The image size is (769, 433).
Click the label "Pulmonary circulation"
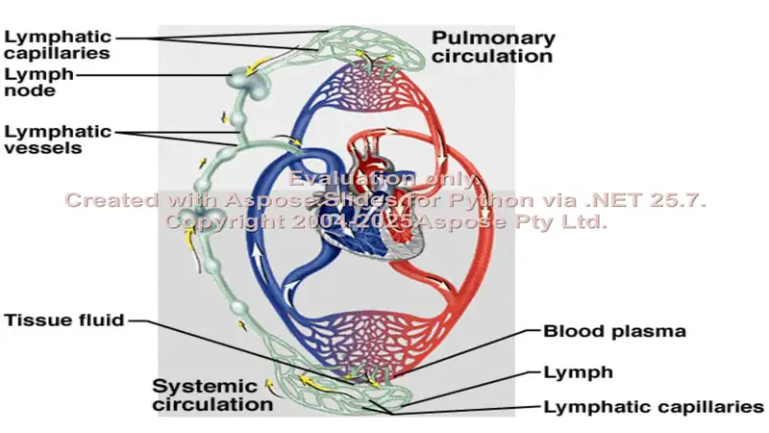[493, 47]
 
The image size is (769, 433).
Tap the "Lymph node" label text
[39, 82]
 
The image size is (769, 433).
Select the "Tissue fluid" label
[64, 320]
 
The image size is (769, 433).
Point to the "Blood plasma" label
[614, 331]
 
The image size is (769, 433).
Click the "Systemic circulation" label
[212, 395]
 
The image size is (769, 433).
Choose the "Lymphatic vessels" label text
[58, 140]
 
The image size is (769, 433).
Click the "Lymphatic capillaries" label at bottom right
[654, 407]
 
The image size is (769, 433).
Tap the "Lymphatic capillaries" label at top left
[58, 44]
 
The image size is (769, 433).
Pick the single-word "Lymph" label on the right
[579, 372]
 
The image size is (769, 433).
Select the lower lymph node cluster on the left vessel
[200, 217]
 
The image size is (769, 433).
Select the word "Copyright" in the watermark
[225, 222]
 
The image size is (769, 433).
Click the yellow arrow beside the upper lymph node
[259, 66]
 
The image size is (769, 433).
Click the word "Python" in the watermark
[491, 200]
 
